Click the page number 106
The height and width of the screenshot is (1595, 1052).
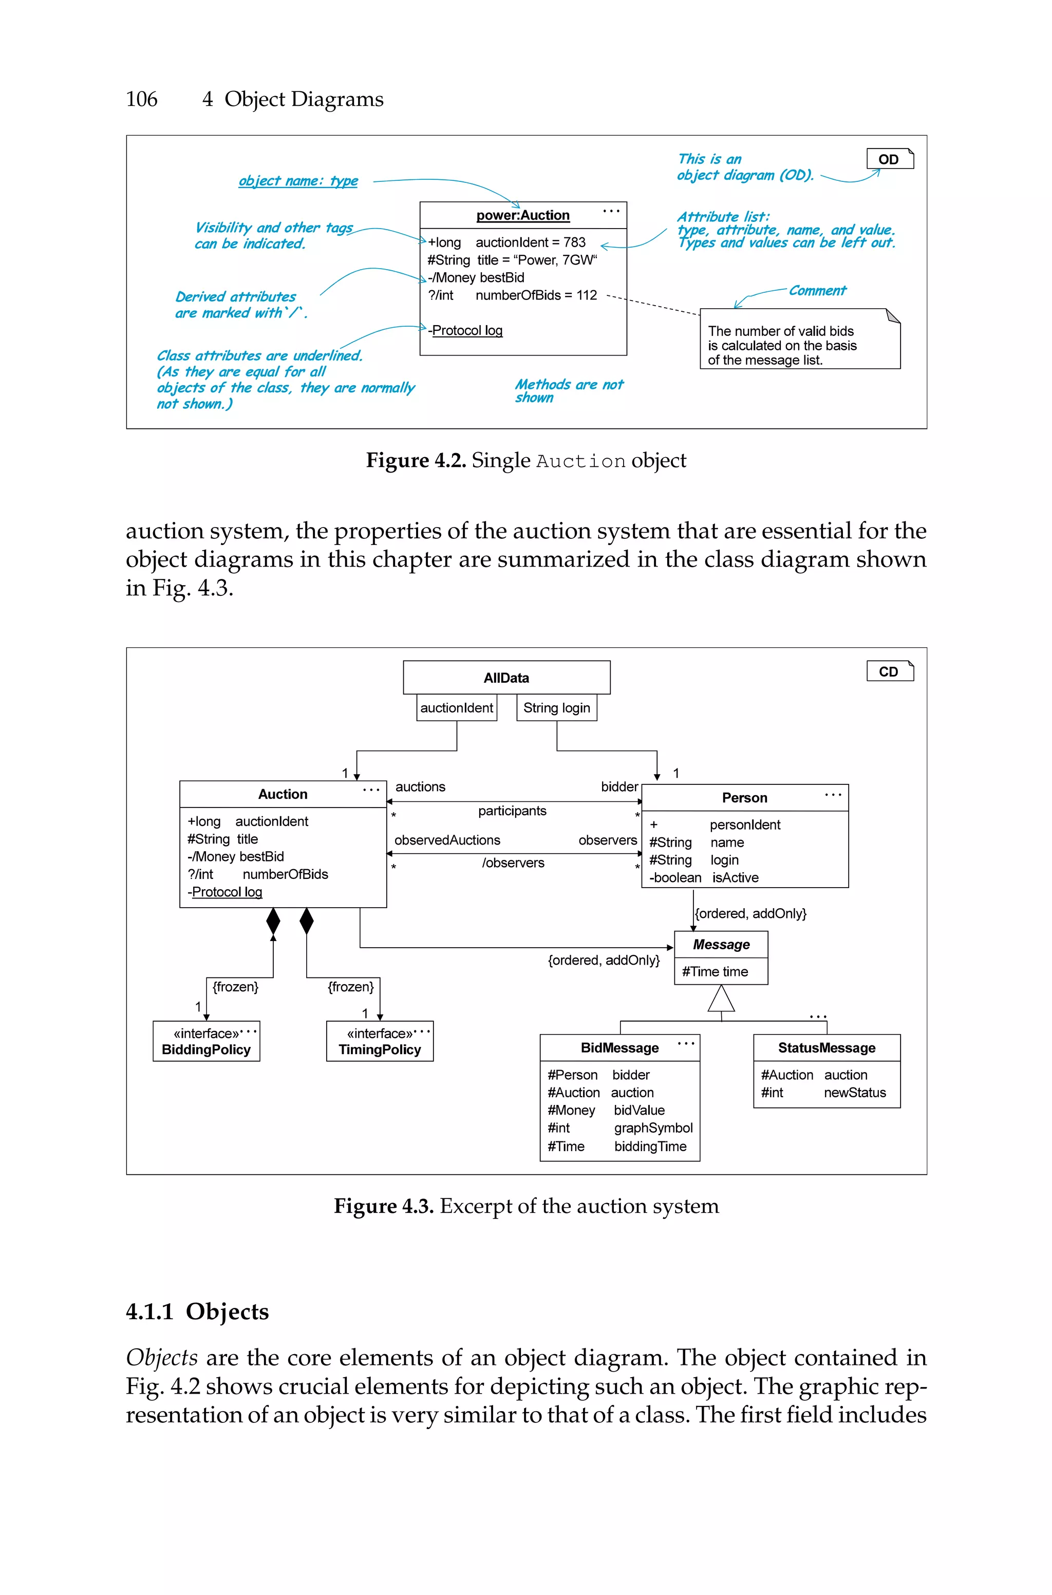click(142, 99)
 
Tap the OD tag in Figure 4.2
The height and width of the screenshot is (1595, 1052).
click(890, 159)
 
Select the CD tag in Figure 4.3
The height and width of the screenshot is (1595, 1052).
click(890, 671)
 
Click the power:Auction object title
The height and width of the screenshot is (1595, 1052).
click(522, 215)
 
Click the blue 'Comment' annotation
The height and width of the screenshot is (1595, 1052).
click(817, 290)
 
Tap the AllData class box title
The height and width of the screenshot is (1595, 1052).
click(506, 678)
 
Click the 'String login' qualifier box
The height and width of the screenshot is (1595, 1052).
click(556, 708)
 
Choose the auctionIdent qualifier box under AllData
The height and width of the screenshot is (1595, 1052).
click(456, 708)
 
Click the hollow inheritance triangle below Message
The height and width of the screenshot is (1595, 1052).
click(721, 1000)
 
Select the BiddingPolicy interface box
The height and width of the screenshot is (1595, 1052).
click(206, 1042)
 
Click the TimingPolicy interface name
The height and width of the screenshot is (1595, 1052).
click(380, 1049)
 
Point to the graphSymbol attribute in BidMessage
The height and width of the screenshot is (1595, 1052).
click(653, 1128)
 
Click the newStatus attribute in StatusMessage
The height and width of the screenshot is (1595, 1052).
click(854, 1093)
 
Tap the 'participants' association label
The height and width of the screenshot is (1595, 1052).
click(512, 811)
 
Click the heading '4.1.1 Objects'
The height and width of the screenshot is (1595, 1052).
click(197, 1311)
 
